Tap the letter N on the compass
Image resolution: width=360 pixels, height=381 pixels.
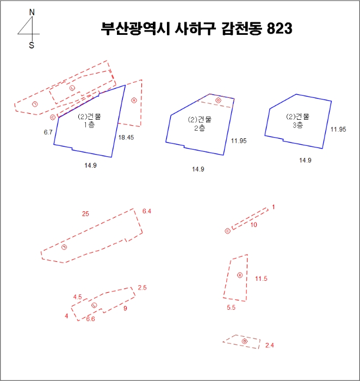click(32, 11)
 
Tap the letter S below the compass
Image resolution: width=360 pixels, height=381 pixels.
click(32, 46)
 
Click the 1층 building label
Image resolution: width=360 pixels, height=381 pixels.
click(89, 126)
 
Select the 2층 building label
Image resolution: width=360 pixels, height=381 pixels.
click(199, 128)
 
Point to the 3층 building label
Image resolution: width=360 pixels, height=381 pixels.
click(297, 124)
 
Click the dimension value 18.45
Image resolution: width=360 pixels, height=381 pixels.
click(126, 138)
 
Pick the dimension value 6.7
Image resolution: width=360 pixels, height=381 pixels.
click(48, 132)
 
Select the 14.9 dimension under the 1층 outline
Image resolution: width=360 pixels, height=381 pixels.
click(90, 165)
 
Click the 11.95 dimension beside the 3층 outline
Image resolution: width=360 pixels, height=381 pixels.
click(338, 130)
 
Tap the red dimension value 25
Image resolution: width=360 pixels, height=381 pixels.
click(85, 214)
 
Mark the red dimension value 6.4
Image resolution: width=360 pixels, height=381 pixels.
click(147, 211)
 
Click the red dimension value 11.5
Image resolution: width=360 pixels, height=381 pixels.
click(261, 279)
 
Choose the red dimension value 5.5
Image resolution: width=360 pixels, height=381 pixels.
click(231, 308)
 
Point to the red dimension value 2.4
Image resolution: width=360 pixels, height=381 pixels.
click(270, 346)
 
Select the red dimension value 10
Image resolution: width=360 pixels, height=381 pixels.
click(253, 224)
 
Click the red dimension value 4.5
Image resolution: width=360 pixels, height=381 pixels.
click(78, 297)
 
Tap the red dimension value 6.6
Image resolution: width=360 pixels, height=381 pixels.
click(90, 319)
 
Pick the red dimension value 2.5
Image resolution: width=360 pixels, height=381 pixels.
click(142, 287)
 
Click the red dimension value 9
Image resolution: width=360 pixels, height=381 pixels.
click(125, 309)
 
